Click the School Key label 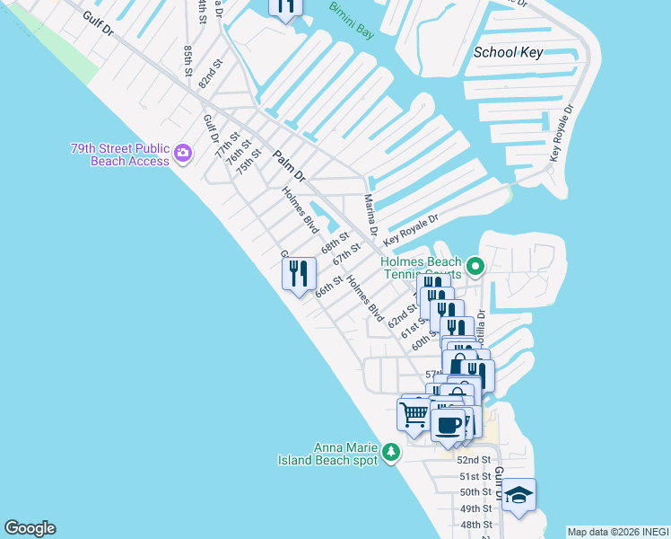[x=509, y=52]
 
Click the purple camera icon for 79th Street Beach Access [x=183, y=154]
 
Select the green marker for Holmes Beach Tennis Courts [x=475, y=266]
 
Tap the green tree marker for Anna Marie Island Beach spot [x=390, y=451]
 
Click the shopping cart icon [x=414, y=414]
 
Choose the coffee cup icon [x=449, y=423]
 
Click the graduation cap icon [x=518, y=495]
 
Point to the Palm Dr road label [x=290, y=166]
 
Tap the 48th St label [x=475, y=525]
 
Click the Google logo [x=30, y=528]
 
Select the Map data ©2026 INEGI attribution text [x=617, y=532]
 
